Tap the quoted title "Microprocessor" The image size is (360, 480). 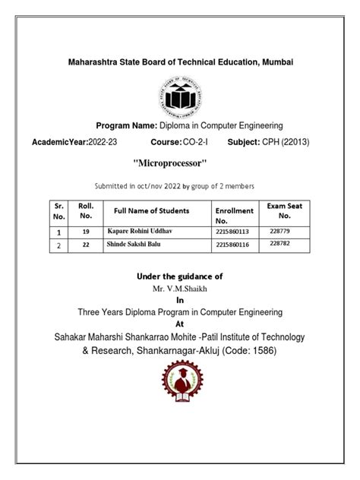click(169, 163)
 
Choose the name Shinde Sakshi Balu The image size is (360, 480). click(133, 245)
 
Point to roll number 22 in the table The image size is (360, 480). click(86, 245)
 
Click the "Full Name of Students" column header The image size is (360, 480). click(151, 210)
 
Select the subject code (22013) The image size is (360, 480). click(292, 142)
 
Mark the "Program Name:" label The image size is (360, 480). click(126, 125)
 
